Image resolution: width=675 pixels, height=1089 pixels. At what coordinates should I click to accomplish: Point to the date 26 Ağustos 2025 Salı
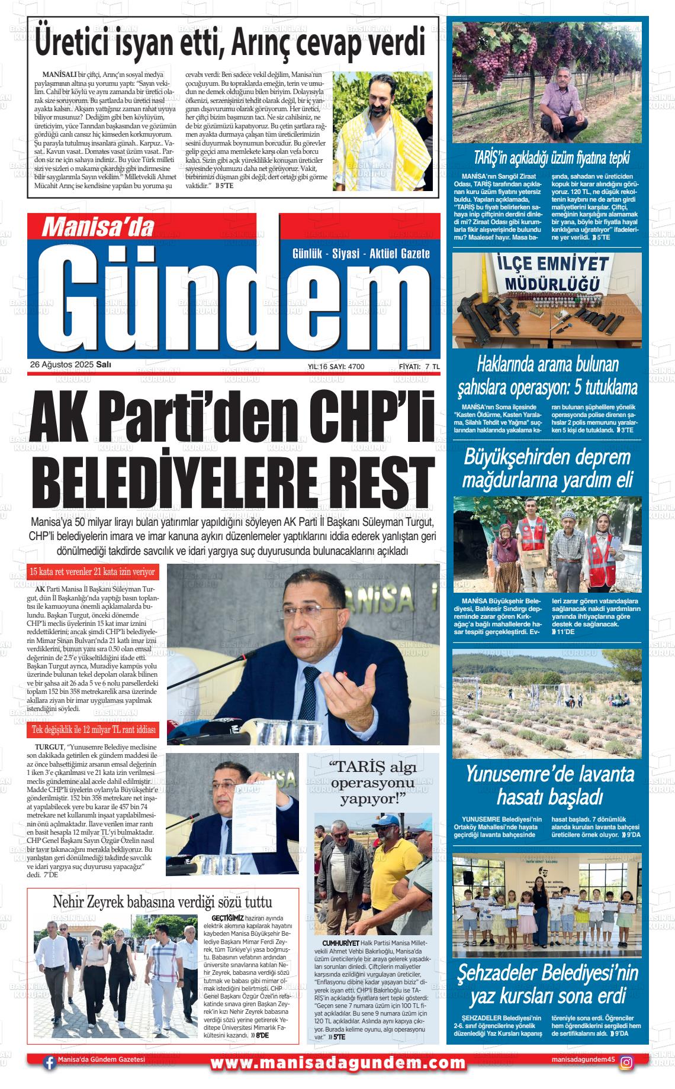coord(71,365)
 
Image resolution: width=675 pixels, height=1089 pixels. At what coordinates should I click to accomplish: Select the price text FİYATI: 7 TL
coord(419,367)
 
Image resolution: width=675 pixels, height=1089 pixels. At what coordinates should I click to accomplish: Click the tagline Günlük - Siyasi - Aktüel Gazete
coord(361,254)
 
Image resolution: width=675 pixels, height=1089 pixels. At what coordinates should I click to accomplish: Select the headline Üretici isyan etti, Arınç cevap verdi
coord(231,43)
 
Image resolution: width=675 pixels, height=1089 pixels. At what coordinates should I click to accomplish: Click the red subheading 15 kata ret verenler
coord(93,572)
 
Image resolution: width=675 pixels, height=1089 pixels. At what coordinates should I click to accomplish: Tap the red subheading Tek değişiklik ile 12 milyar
coord(93,730)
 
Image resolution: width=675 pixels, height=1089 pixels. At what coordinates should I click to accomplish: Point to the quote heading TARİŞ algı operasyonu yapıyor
coord(372,783)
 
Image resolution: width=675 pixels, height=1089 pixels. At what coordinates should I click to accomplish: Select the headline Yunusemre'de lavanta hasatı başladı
coord(550,786)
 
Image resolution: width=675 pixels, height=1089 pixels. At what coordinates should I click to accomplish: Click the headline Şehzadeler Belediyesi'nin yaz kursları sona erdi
coord(550,985)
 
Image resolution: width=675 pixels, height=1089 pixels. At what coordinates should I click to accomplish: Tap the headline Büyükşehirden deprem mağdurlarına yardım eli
coord(548,468)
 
